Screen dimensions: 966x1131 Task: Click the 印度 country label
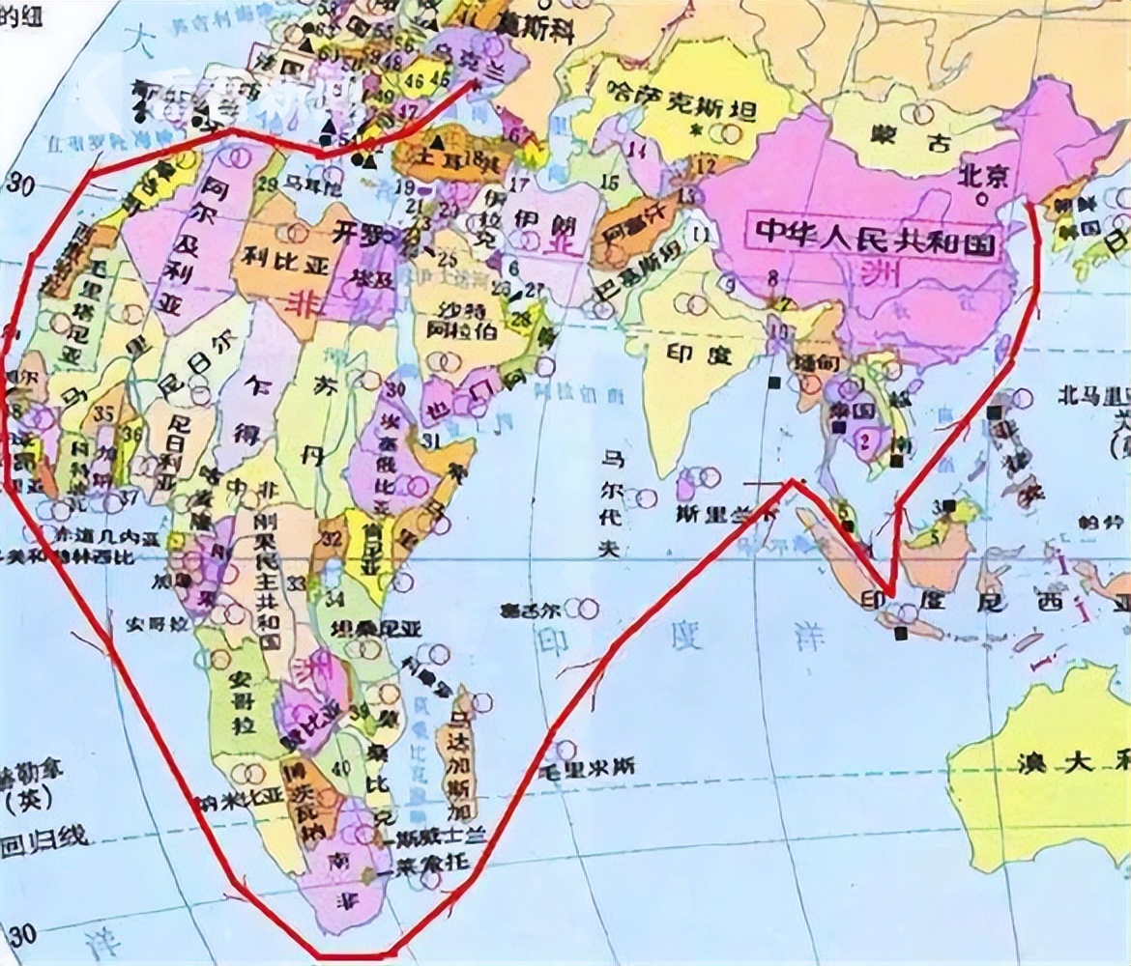click(x=699, y=355)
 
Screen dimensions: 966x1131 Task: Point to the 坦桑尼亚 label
click(x=376, y=628)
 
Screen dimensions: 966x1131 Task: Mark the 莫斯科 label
click(x=535, y=27)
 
